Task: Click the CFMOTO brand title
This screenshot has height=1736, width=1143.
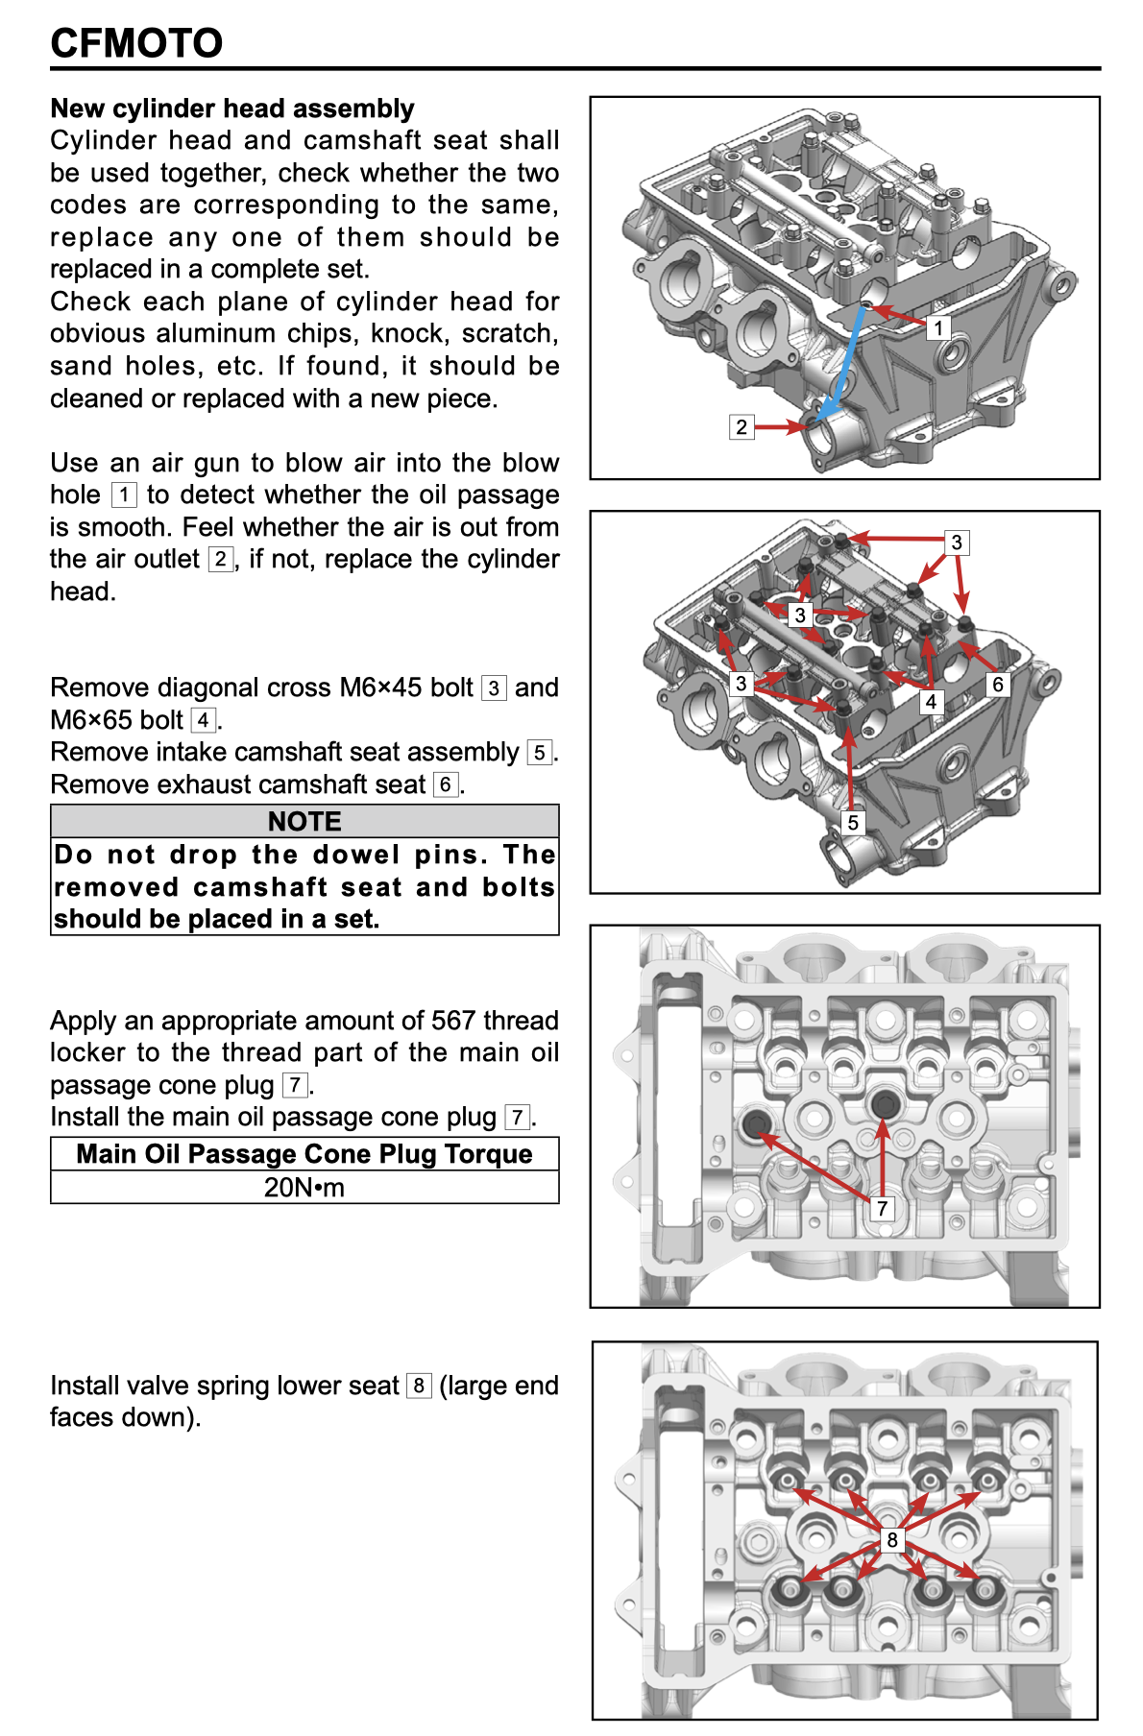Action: [x=136, y=43]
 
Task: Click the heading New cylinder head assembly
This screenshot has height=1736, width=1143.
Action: [x=232, y=108]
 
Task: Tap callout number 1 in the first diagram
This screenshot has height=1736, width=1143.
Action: [x=938, y=328]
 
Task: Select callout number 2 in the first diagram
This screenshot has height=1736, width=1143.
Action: [x=741, y=427]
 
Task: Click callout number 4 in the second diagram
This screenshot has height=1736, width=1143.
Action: [x=930, y=702]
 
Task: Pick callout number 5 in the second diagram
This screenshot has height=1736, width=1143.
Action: [x=852, y=823]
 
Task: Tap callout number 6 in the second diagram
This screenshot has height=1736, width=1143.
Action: [x=998, y=685]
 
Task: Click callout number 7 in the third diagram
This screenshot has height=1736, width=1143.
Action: [x=882, y=1208]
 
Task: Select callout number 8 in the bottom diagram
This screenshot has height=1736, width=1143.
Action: [x=891, y=1540]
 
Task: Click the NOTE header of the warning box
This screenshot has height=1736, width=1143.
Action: [x=304, y=822]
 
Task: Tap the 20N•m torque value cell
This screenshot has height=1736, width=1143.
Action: [x=304, y=1188]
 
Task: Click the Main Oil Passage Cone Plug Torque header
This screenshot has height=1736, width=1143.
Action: [x=304, y=1154]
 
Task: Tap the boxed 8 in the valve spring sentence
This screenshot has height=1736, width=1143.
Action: [x=419, y=1386]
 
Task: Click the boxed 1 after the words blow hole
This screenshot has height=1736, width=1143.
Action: [x=124, y=495]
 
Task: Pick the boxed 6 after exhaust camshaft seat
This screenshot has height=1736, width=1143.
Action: [x=445, y=785]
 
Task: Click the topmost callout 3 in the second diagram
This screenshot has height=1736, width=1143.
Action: [x=956, y=542]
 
